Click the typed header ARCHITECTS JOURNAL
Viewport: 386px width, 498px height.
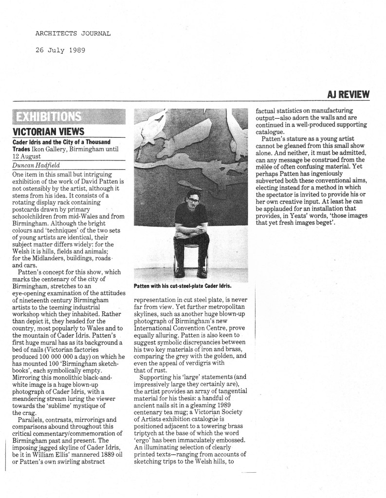click(73, 34)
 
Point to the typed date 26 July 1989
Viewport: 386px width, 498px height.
click(60, 50)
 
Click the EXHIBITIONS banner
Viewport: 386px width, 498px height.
click(49, 117)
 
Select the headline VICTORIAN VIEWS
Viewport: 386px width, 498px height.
click(48, 131)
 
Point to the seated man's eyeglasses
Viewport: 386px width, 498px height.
click(193, 200)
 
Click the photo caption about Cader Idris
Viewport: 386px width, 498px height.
click(182, 286)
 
